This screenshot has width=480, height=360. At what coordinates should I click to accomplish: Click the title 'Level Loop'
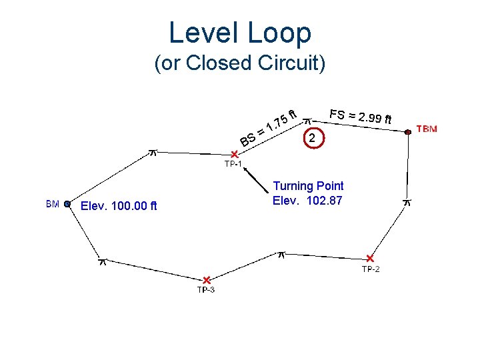(x=239, y=33)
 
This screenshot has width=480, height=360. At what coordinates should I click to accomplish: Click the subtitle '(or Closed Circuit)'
(x=239, y=63)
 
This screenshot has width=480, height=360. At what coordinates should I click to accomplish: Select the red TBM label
(x=427, y=128)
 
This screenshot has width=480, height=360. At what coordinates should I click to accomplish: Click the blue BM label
(x=53, y=204)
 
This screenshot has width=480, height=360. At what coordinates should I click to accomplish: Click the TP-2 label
(x=371, y=269)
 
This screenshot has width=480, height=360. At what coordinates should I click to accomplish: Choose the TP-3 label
(x=205, y=289)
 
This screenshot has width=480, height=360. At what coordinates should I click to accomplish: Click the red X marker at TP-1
(x=235, y=154)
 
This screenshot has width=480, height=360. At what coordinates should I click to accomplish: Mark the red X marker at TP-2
(x=370, y=258)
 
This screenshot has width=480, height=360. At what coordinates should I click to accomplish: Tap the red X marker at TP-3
(x=207, y=279)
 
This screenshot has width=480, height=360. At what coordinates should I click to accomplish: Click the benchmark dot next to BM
(x=67, y=205)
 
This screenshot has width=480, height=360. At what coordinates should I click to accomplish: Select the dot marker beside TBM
(x=407, y=132)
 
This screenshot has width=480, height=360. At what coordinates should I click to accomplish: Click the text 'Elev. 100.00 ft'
(x=119, y=205)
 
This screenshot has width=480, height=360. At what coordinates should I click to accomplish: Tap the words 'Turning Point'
(x=308, y=186)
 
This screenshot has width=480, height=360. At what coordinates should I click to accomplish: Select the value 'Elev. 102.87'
(x=307, y=199)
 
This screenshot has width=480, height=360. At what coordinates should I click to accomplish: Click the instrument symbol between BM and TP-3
(x=102, y=261)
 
